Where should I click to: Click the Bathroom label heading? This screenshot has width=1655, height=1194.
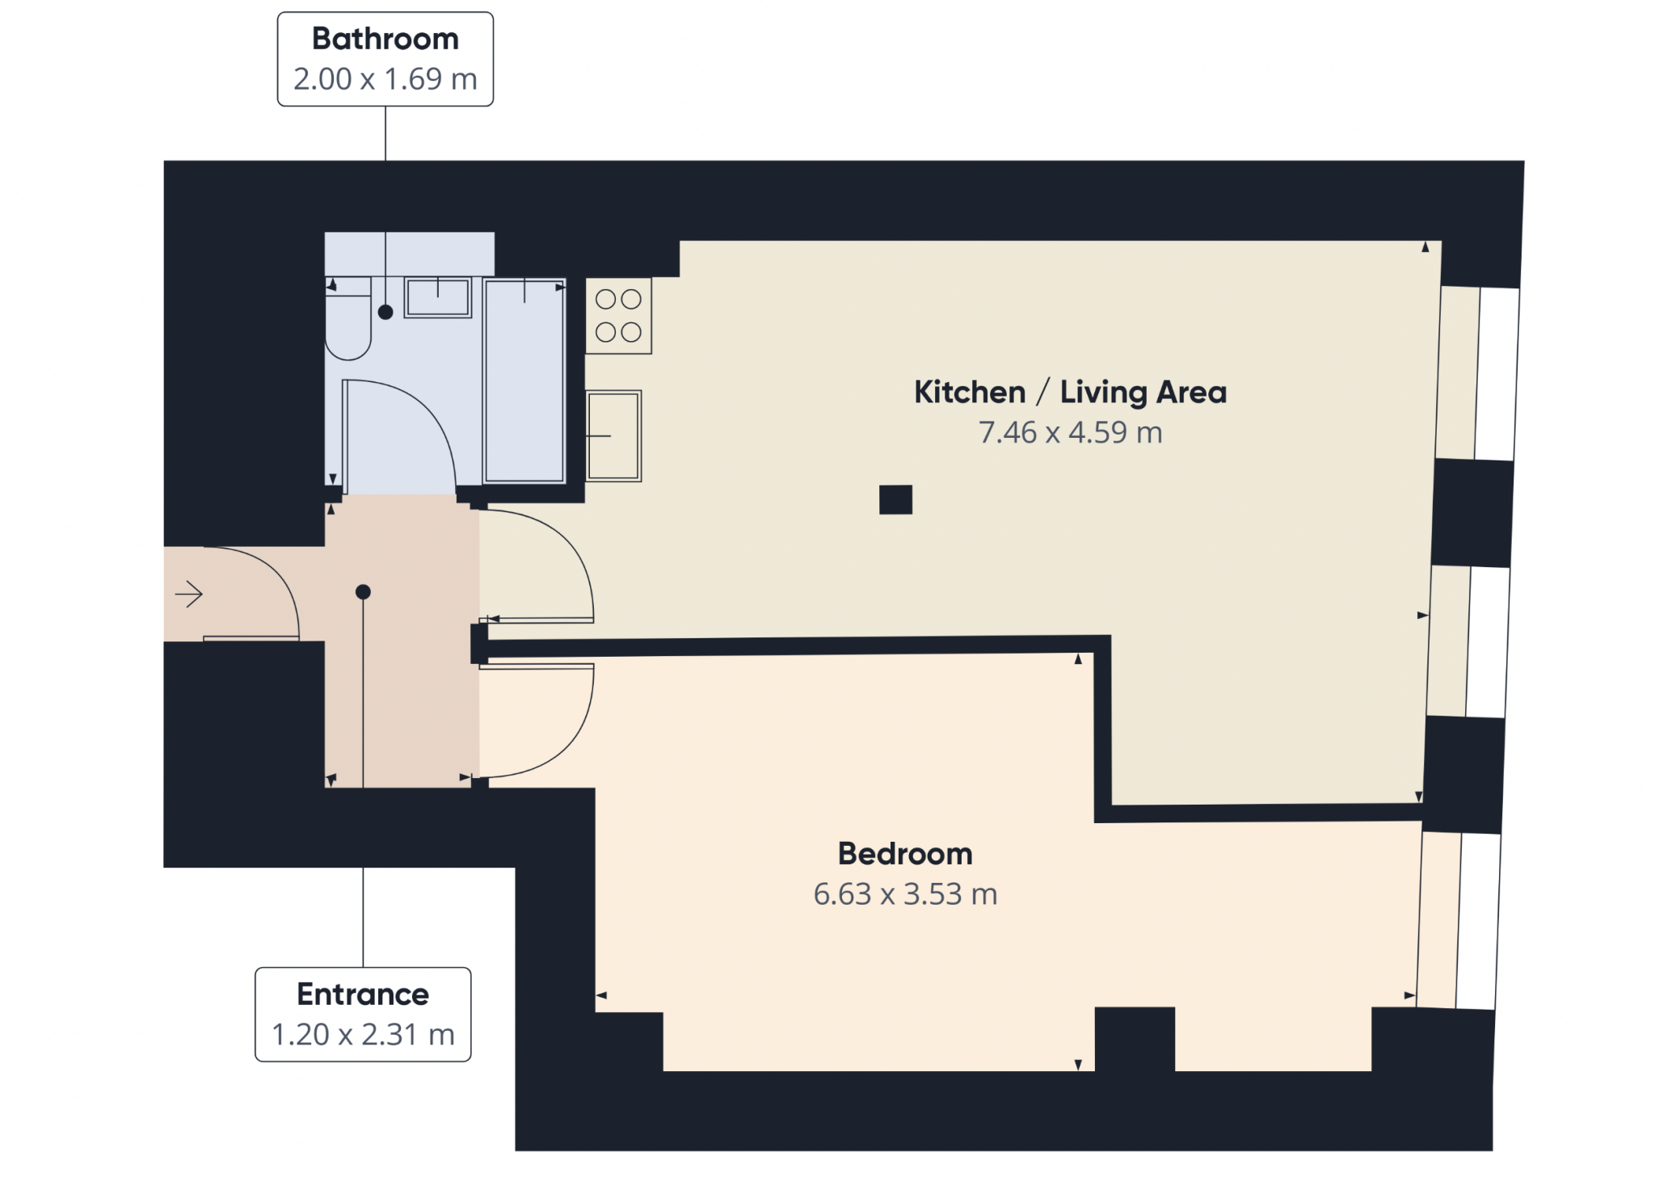click(385, 39)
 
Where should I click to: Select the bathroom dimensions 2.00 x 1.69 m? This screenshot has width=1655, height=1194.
click(385, 79)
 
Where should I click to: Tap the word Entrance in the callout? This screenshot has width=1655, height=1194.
click(363, 994)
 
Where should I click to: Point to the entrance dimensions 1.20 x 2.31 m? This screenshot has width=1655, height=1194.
click(363, 1034)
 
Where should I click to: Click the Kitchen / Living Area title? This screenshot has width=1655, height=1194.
click(1070, 393)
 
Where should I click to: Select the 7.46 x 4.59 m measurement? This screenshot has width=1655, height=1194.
click(1070, 433)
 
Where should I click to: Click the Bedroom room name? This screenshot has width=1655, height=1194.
click(905, 854)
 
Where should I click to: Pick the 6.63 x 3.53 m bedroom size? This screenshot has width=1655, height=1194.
click(905, 894)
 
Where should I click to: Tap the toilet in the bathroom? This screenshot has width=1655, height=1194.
click(348, 318)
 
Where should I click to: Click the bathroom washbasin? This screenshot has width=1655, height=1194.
click(438, 297)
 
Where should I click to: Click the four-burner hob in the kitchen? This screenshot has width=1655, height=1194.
click(618, 316)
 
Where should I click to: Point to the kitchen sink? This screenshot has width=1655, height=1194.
click(614, 436)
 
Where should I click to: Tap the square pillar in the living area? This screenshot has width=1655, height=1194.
click(895, 499)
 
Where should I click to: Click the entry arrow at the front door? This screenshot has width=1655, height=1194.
click(189, 595)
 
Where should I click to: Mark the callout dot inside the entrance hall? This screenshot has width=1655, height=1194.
click(363, 592)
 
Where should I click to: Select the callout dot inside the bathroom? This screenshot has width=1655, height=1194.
click(385, 312)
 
